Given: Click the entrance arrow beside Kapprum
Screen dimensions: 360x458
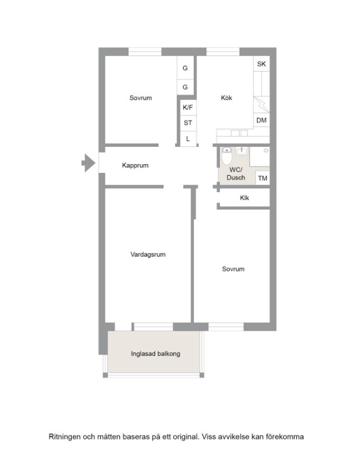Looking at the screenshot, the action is (x=89, y=162).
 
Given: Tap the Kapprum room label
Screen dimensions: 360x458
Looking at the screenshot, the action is (x=135, y=165).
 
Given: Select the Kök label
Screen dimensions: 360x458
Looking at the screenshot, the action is (x=226, y=98).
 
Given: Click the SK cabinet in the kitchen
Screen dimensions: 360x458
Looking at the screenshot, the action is (x=262, y=64).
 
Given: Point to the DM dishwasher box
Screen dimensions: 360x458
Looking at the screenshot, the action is (x=262, y=120).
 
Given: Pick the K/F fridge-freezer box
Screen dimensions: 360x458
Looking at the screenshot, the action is (x=188, y=108).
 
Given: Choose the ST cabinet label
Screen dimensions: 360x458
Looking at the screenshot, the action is (x=188, y=123).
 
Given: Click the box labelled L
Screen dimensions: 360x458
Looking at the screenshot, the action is (x=188, y=139).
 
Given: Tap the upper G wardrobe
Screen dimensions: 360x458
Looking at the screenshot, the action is (x=185, y=68).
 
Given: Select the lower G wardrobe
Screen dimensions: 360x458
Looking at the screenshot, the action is (x=185, y=87).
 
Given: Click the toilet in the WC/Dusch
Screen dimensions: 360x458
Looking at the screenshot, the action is (x=226, y=156).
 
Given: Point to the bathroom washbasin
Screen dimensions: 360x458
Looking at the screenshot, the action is (x=241, y=152).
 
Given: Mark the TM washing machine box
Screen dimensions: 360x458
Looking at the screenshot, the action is (x=263, y=178).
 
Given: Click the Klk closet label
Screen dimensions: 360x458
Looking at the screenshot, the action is (x=244, y=198).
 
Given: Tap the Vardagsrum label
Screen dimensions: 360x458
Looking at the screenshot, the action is (x=148, y=254).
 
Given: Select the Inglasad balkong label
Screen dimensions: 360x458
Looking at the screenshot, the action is (x=156, y=354).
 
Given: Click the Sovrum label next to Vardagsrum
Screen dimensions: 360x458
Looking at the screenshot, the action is (x=233, y=269).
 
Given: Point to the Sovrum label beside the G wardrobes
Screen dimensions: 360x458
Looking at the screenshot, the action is (x=141, y=98).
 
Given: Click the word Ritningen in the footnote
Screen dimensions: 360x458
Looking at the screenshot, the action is (x=64, y=437).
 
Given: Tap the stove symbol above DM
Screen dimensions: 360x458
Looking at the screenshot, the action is (x=262, y=104).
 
